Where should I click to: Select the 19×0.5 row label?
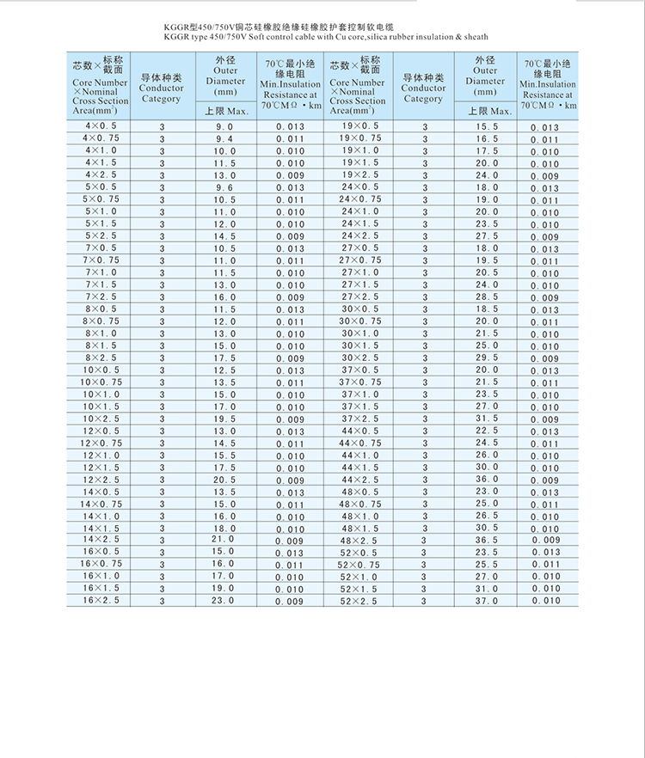tap(359, 126)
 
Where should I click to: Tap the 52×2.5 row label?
tap(359, 601)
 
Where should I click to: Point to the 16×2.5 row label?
tap(101, 601)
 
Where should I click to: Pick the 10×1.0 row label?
tap(101, 394)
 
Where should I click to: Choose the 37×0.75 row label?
tap(359, 382)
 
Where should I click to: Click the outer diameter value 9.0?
tap(224, 127)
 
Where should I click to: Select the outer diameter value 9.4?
tap(224, 139)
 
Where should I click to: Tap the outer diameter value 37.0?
tap(487, 601)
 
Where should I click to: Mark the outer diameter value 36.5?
tap(487, 540)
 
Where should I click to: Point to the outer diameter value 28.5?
tap(487, 297)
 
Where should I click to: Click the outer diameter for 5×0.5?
tap(224, 187)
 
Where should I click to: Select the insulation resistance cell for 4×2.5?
tap(290, 175)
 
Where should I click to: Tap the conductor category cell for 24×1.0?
tap(424, 212)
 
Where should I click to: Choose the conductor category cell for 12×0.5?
tap(161, 431)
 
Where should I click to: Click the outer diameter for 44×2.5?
tap(487, 480)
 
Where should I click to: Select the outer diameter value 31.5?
tap(487, 419)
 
